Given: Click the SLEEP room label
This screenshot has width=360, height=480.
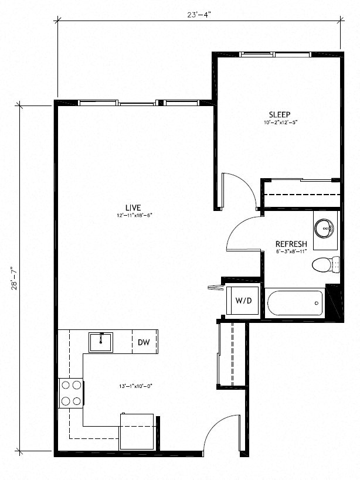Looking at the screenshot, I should pos(280,114).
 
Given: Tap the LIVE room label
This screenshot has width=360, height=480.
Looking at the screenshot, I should pos(134,207).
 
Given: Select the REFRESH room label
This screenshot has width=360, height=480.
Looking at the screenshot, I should pos(292,244).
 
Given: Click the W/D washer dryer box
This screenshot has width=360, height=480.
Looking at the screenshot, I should pos(243,301).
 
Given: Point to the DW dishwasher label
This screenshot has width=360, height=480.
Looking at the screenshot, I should pos(144,343).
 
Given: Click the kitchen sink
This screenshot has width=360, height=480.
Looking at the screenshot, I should pos(101,342).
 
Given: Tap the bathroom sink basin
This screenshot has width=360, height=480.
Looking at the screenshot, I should pos(324,227).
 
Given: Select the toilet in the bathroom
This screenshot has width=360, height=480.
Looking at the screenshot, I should pos(324,264).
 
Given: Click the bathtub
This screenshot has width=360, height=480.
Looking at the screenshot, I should pos(295,303).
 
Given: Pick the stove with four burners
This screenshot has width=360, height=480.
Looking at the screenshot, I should pos(71,393).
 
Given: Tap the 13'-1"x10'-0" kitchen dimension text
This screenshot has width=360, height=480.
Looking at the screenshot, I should pos(135,386).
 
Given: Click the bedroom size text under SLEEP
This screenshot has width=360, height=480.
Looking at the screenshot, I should pos(280,122).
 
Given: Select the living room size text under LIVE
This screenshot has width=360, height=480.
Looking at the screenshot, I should pos(134,215).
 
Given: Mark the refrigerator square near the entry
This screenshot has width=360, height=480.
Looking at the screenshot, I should pos(137,432).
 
